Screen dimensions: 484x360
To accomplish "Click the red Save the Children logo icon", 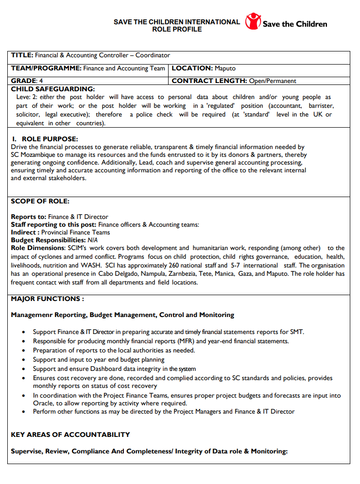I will (x=253, y=21).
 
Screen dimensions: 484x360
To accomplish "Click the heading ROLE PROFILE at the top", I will (x=177, y=29).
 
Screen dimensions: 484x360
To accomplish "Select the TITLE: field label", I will (x=22, y=55).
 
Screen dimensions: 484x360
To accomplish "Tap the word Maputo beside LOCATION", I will (x=225, y=68).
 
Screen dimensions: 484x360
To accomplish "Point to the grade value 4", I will (x=41, y=81).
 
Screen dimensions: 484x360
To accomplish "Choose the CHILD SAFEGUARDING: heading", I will (x=52, y=89).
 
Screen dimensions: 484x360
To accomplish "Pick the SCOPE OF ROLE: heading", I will (x=40, y=201).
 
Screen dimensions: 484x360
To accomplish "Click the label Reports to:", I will (x=28, y=217).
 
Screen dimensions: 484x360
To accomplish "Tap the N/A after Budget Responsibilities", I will (x=93, y=240).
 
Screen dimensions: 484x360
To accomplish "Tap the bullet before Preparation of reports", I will (x=24, y=350).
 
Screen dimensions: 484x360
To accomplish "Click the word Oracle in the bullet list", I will (x=43, y=403).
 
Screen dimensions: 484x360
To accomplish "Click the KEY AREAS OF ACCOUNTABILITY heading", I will (x=70, y=434).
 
